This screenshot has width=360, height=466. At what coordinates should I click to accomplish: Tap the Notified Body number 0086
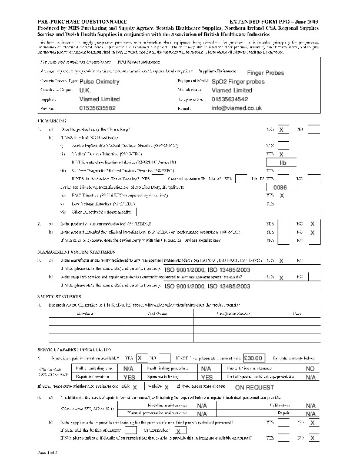280,187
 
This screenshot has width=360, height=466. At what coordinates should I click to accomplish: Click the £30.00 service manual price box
255,357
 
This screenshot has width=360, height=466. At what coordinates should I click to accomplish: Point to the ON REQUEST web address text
255,388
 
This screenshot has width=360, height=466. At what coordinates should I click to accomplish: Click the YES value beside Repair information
130,377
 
